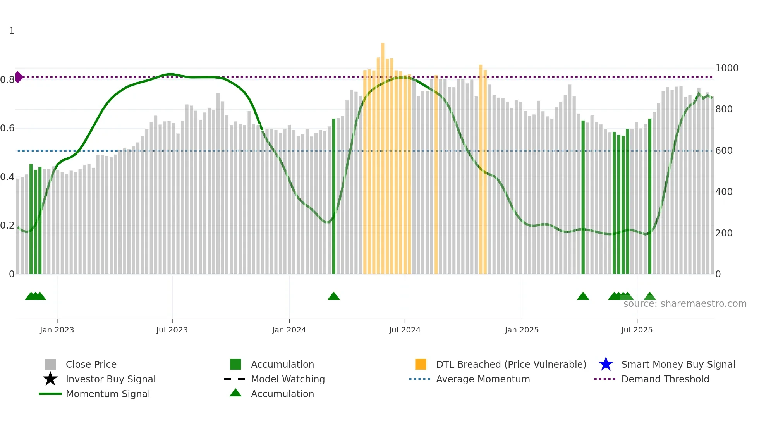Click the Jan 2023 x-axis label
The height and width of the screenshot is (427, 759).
click(57, 330)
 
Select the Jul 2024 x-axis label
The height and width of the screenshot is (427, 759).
click(404, 330)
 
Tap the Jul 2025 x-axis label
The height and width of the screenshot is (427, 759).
click(637, 330)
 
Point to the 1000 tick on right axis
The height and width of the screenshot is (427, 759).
click(726, 68)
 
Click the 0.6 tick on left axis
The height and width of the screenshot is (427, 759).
click(7, 128)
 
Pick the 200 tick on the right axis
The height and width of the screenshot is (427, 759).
click(724, 233)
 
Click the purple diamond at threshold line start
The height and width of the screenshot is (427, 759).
click(19, 77)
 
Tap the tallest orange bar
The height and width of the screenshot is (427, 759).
click(383, 155)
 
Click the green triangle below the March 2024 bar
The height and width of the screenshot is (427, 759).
click(334, 296)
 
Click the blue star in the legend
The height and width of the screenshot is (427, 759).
click(606, 364)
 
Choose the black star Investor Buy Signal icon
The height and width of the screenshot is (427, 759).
click(50, 379)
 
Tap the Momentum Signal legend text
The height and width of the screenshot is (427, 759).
click(108, 394)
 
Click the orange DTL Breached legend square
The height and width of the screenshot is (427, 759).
click(421, 364)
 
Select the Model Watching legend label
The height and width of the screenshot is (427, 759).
click(288, 379)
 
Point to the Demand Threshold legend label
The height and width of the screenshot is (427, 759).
click(665, 379)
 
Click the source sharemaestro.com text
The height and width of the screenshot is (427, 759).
click(685, 304)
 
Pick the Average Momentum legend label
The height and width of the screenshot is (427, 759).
click(483, 379)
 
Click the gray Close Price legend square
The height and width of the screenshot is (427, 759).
click(50, 364)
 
